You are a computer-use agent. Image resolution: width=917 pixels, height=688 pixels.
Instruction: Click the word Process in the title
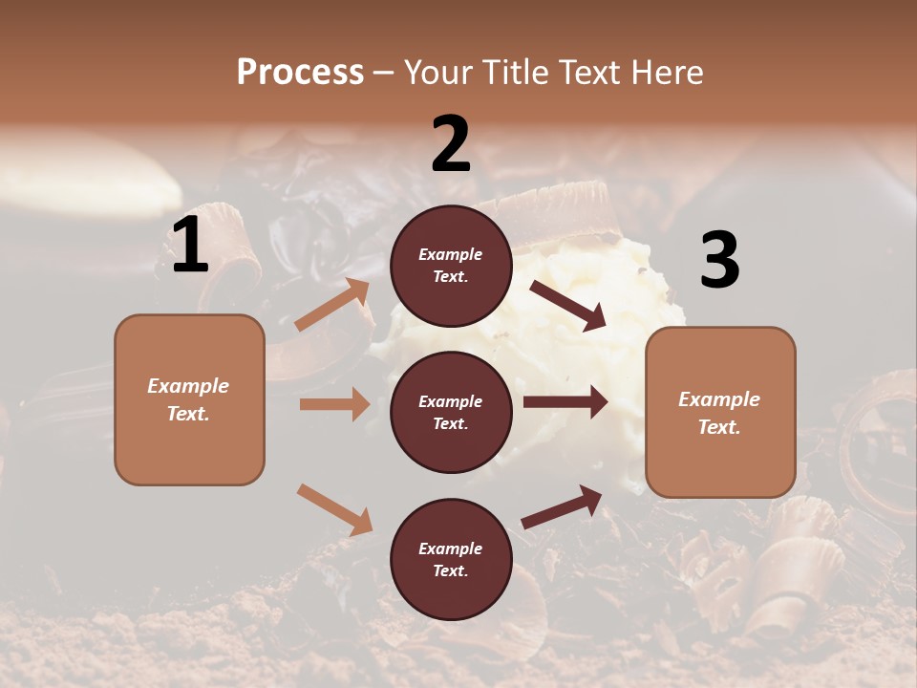[300, 73]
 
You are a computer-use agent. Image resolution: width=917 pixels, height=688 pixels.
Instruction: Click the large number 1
[190, 246]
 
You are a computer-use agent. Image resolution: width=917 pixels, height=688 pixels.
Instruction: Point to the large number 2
[451, 144]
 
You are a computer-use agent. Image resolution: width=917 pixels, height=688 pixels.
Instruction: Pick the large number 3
[719, 261]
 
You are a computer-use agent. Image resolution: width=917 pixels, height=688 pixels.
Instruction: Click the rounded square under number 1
[189, 399]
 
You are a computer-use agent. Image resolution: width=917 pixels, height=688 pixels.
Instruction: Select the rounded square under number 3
[720, 413]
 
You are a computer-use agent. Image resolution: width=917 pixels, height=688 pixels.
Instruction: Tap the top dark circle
[451, 266]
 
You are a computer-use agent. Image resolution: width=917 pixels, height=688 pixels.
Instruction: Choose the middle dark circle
[451, 412]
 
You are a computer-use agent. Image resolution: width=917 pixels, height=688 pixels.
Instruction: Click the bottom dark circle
[451, 559]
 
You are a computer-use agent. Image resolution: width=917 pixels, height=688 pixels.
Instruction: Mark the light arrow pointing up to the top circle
[333, 305]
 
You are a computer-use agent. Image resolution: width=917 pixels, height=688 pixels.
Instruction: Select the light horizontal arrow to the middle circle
[334, 404]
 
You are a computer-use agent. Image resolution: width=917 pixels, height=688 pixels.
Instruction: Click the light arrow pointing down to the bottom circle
[334, 509]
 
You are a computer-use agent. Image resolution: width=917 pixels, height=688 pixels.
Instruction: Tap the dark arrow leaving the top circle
[568, 306]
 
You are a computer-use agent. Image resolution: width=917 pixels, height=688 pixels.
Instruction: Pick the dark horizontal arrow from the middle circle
[565, 402]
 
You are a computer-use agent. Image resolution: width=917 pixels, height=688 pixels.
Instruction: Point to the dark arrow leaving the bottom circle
[563, 506]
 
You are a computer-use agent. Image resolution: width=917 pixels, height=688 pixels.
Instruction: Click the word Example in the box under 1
[188, 386]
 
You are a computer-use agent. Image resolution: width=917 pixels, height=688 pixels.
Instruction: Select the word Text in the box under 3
[719, 427]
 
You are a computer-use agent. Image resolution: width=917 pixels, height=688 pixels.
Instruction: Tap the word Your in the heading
[438, 73]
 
